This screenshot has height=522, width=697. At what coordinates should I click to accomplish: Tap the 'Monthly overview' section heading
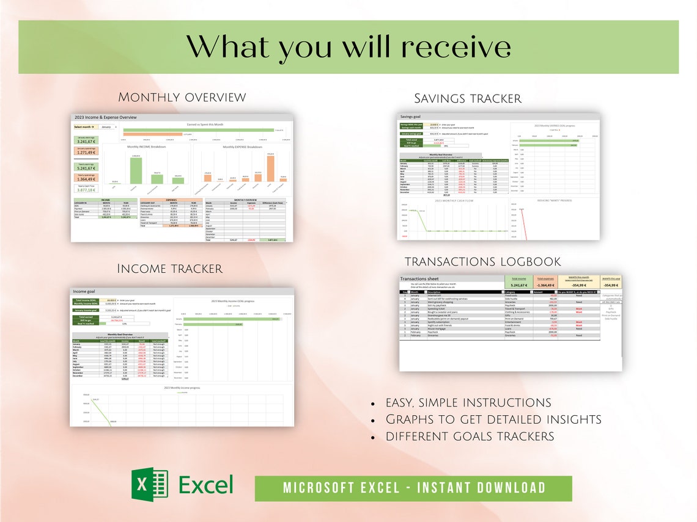182,98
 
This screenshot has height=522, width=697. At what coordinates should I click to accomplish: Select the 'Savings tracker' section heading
467,98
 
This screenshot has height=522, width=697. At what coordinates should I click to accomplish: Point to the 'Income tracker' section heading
169,269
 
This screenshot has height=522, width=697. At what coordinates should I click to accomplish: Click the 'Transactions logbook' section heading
482,262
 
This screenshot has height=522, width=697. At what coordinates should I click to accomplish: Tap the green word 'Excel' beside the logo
206,485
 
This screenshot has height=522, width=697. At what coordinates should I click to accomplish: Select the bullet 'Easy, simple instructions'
468,403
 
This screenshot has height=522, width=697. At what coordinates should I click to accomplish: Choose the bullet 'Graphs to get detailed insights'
493,419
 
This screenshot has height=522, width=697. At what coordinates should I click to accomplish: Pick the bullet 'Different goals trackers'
469,437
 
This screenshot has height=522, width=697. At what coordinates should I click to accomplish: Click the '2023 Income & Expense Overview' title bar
106,117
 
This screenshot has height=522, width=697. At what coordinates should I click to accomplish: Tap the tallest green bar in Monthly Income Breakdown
136,169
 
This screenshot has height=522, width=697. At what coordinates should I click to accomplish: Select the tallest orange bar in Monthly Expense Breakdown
270,168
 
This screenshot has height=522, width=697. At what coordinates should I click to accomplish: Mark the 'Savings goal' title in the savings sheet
410,116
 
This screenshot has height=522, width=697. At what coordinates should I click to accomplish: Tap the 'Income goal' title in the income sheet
84,292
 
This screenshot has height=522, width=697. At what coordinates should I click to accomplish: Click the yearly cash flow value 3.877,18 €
86,190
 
